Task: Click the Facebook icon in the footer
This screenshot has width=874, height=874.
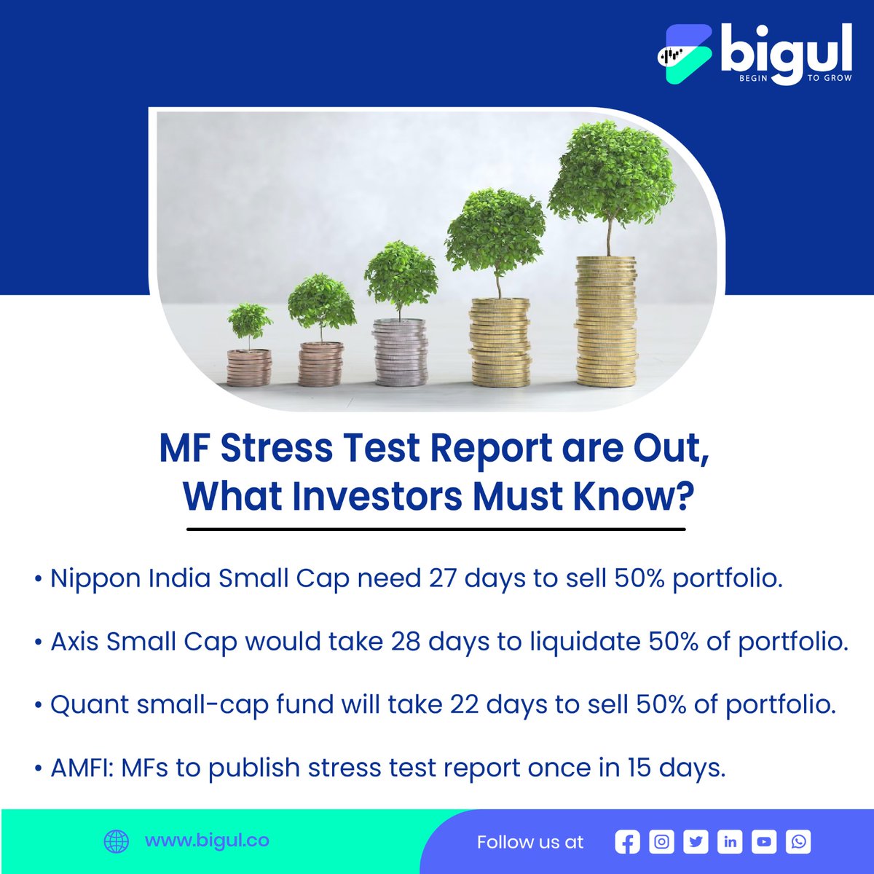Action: pyautogui.click(x=627, y=842)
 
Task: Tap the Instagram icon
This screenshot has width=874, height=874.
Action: pyautogui.click(x=661, y=842)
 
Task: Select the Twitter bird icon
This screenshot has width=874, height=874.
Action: pyautogui.click(x=696, y=842)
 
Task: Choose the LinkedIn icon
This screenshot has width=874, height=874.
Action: pyautogui.click(x=730, y=842)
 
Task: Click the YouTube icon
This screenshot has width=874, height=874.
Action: pyautogui.click(x=764, y=842)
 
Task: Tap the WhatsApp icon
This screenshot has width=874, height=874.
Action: pyautogui.click(x=798, y=842)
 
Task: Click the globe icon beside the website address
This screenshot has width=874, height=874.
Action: pyautogui.click(x=117, y=841)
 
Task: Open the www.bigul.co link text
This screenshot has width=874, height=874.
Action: pyautogui.click(x=207, y=840)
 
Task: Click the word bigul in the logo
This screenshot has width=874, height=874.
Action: pyautogui.click(x=785, y=54)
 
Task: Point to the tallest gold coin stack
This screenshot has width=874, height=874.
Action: pyautogui.click(x=605, y=320)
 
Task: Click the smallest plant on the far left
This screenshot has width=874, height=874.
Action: pyautogui.click(x=249, y=324)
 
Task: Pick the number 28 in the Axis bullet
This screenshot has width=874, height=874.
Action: pyautogui.click(x=405, y=642)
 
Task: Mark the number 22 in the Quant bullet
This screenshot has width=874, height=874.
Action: pyautogui.click(x=464, y=705)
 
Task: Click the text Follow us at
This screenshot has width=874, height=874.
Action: pyautogui.click(x=530, y=842)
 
